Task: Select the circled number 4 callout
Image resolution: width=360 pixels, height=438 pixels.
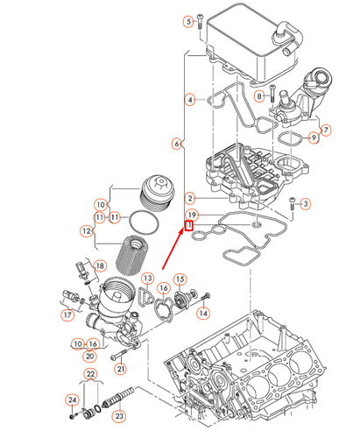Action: click(189, 101)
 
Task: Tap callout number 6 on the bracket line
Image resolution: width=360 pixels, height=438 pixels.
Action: click(177, 143)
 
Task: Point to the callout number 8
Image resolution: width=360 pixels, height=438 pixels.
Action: click(259, 95)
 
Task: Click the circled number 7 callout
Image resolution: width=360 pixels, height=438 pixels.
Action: click(327, 131)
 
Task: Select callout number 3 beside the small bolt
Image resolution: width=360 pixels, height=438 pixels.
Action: click(306, 204)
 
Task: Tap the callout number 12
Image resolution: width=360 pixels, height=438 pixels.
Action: click(87, 231)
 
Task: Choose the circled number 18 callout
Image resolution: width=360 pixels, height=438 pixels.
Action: click(99, 265)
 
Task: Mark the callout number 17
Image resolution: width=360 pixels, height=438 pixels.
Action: click(67, 314)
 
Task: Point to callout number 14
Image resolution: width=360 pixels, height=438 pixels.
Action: click(202, 313)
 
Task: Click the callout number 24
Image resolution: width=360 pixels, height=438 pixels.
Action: click(73, 400)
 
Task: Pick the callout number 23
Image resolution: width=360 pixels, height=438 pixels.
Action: click(119, 417)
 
